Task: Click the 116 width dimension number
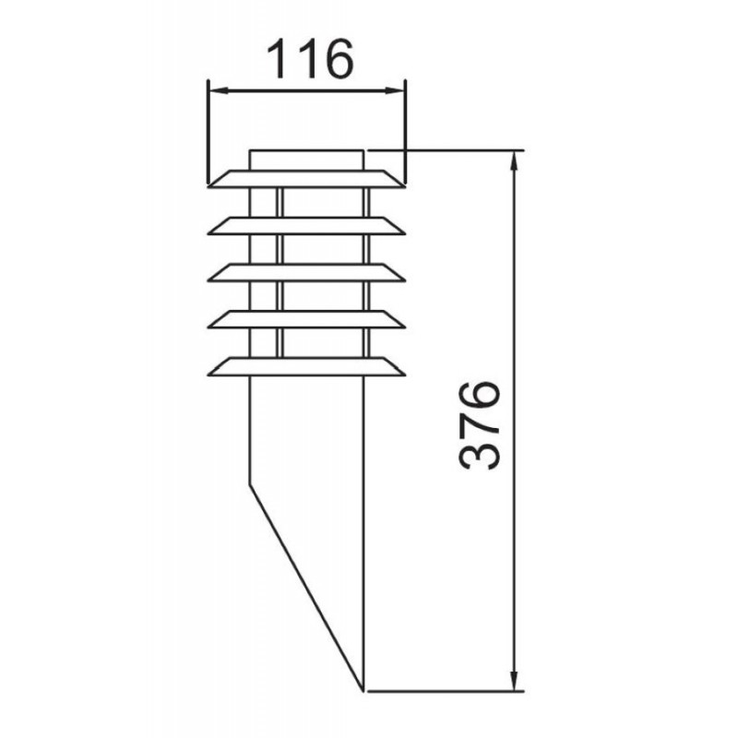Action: pos(310,59)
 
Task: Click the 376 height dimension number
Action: pos(478,426)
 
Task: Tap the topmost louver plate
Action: pos(306,179)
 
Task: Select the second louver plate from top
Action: pos(306,226)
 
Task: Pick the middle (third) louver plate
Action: pos(306,273)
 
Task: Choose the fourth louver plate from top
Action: pos(306,319)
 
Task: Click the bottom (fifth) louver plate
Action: pos(306,366)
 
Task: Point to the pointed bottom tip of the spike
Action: pos(363,691)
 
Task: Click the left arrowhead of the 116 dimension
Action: pos(217,90)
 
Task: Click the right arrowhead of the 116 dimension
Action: pos(396,90)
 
